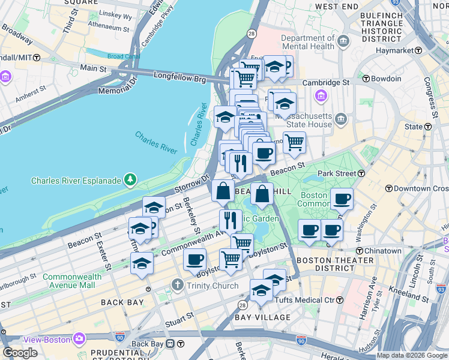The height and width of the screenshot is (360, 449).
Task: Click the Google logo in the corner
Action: click(x=20, y=353)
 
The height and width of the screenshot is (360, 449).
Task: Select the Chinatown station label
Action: click(x=382, y=250)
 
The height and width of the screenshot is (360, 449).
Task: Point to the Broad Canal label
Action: click(x=123, y=56)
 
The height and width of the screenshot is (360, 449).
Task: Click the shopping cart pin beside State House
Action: click(x=294, y=143)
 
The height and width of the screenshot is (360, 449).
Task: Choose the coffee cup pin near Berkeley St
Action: click(x=194, y=260)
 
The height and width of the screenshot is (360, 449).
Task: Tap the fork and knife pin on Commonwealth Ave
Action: click(x=231, y=220)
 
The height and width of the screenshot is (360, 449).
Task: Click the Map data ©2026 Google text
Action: click(x=412, y=355)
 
